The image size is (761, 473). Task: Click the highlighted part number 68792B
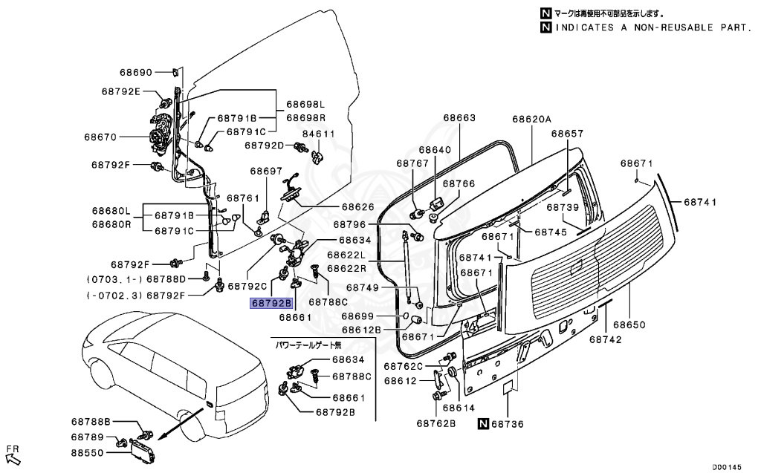pyautogui.click(x=272, y=303)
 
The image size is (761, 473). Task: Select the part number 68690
pyautogui.click(x=136, y=73)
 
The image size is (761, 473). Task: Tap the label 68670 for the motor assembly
pyautogui.click(x=100, y=137)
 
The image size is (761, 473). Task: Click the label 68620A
pyautogui.click(x=531, y=119)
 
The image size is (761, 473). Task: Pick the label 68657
pyautogui.click(x=567, y=134)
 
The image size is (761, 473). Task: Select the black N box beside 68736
pyautogui.click(x=483, y=424)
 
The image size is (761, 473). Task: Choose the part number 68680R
pyautogui.click(x=111, y=224)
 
